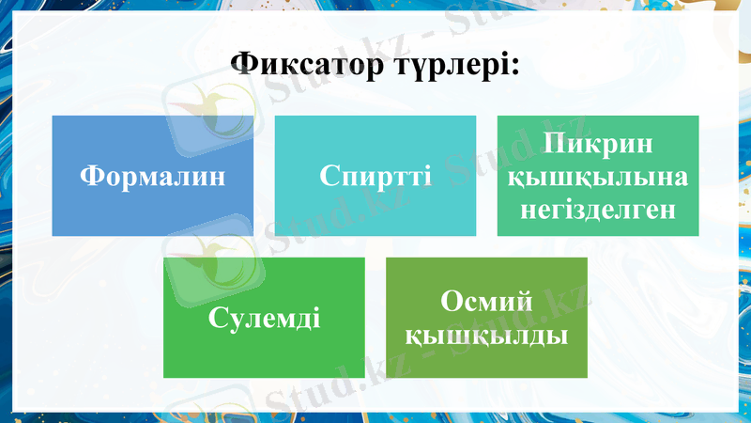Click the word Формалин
pos(152,175)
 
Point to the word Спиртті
pos(375,175)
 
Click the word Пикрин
pos(597,146)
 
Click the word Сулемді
pos(264,317)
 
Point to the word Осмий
pos(486,303)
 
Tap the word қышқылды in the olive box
pos(486,334)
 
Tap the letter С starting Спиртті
pos(328,176)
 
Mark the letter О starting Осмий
pos(450,303)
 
